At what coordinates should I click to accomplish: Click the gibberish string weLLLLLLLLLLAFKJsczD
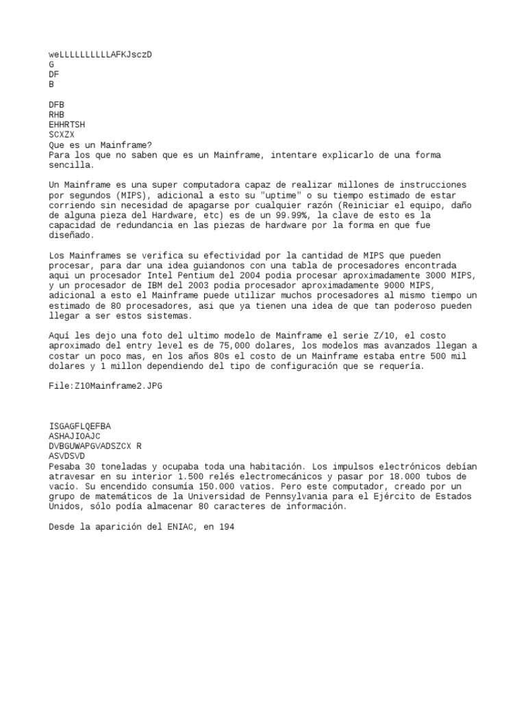click(x=100, y=54)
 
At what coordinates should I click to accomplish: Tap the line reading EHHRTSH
click(x=67, y=125)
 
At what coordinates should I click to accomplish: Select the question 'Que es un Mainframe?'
click(x=101, y=145)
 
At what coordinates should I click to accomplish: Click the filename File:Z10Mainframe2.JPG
click(x=105, y=386)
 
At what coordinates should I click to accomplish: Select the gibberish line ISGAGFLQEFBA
click(x=80, y=426)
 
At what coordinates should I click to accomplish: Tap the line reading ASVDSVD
click(x=67, y=456)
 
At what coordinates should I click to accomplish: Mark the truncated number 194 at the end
click(x=227, y=527)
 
